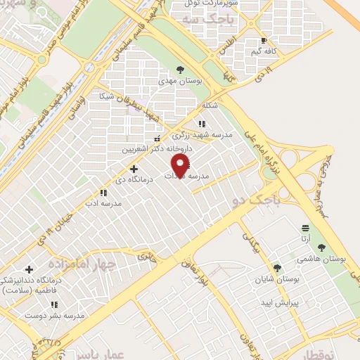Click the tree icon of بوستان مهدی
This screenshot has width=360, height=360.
pos(181,70)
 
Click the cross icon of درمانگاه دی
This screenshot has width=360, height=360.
pos(134,169)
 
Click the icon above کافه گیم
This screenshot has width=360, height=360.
pos(264,40)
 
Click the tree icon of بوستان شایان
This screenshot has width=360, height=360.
pos(277,268)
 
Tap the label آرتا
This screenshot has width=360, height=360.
pos(305,238)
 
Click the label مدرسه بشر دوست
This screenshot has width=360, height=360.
pos(56,315)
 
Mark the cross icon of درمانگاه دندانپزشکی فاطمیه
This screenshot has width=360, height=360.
pos(29,269)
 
